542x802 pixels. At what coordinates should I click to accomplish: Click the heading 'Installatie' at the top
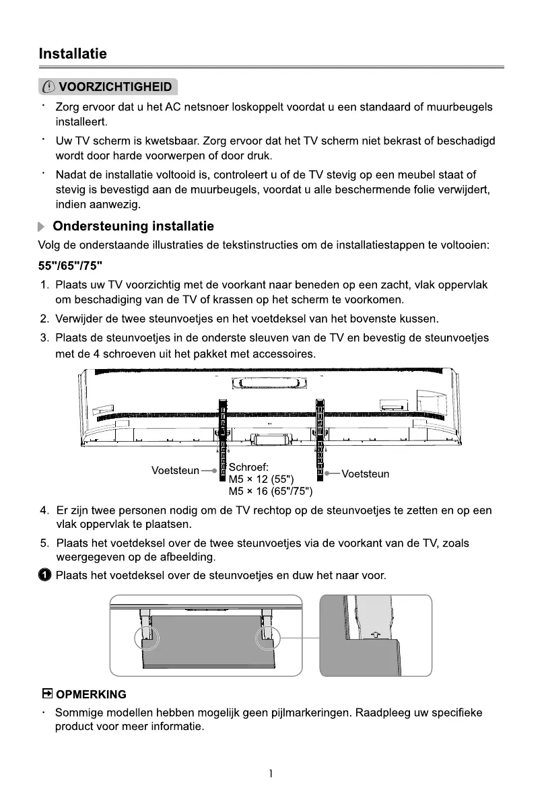73,53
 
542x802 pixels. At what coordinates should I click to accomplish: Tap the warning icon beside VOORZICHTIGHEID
49,88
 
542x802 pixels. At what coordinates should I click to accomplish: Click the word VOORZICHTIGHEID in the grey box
115,88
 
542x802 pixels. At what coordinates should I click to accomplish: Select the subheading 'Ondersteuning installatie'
133,226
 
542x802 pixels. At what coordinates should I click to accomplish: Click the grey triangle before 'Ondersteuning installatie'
42,227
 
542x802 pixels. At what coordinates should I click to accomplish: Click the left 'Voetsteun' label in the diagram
175,471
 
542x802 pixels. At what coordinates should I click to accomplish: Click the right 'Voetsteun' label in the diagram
365,474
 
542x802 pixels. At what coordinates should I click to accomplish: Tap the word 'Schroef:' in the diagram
248,467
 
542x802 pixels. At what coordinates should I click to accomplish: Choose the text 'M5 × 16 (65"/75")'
271,491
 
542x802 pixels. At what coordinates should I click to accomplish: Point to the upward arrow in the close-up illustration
376,634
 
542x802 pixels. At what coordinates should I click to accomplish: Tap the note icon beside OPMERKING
47,694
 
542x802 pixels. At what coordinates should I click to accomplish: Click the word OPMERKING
91,694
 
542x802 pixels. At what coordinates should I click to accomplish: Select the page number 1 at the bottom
271,774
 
